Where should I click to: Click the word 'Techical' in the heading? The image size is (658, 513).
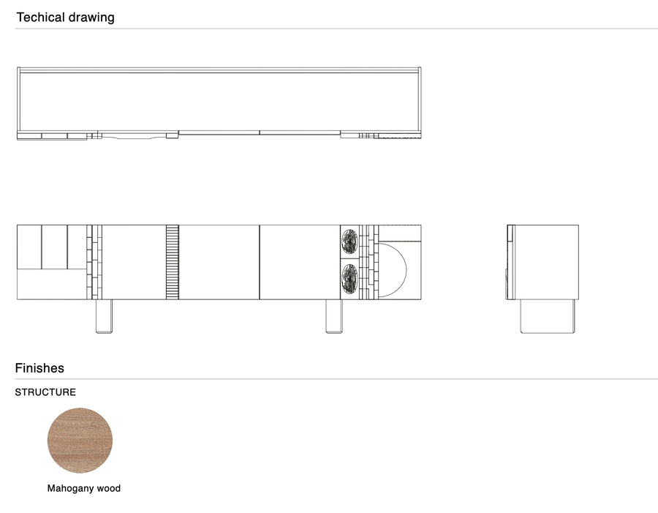(x=40, y=18)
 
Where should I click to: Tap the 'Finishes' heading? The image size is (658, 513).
(x=39, y=368)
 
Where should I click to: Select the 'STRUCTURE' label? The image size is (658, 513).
(x=45, y=392)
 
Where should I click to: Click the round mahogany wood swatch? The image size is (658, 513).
(x=80, y=441)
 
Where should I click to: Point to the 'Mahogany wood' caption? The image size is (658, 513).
(x=84, y=488)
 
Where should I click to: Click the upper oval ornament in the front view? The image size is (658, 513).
(x=349, y=241)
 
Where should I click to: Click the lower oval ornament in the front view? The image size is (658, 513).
(x=349, y=278)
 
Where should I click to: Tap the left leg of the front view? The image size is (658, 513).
(x=104, y=316)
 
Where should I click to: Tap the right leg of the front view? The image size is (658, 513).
(x=334, y=316)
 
